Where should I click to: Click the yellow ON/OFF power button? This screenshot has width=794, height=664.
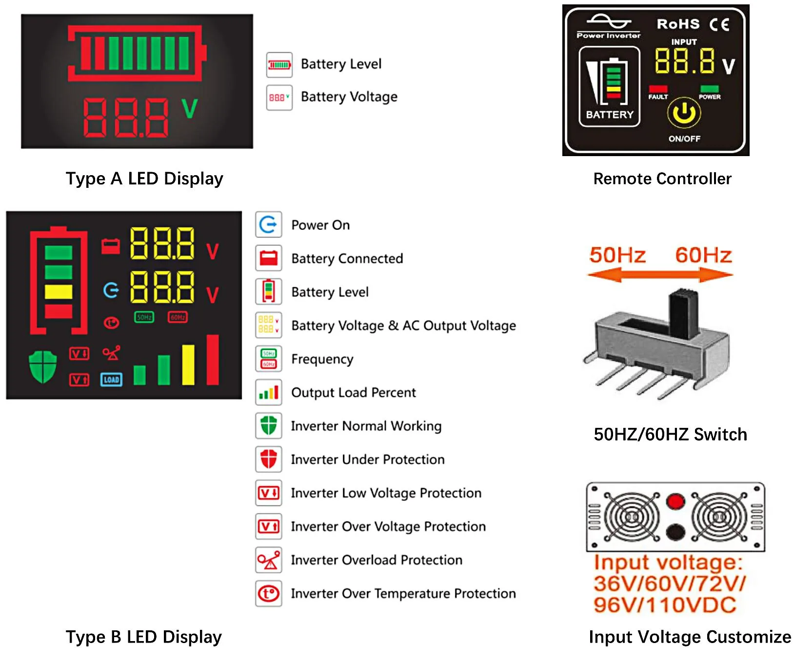pyautogui.click(x=684, y=112)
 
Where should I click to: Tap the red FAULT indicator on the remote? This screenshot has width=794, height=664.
pyautogui.click(x=658, y=89)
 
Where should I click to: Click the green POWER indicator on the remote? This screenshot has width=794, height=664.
pyautogui.click(x=709, y=89)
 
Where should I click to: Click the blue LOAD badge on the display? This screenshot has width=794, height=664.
pyautogui.click(x=111, y=380)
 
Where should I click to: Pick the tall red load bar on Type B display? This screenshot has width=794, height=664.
pyautogui.click(x=213, y=360)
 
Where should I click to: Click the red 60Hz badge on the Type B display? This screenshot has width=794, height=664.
pyautogui.click(x=178, y=317)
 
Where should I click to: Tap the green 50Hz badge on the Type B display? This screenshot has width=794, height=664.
pyautogui.click(x=144, y=317)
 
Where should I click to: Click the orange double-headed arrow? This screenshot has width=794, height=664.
pyautogui.click(x=660, y=275)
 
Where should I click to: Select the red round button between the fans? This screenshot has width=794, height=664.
pyautogui.click(x=676, y=501)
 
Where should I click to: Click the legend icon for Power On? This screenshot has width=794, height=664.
pyautogui.click(x=268, y=224)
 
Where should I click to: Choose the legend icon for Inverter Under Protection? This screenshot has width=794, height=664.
pyautogui.click(x=268, y=459)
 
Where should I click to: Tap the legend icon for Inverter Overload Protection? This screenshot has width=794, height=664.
pyautogui.click(x=268, y=560)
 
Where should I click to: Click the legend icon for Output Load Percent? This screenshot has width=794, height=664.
pyautogui.click(x=268, y=392)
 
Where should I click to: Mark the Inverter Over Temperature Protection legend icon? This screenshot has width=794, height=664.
pyautogui.click(x=268, y=593)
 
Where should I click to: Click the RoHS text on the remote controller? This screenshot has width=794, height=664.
pyautogui.click(x=678, y=24)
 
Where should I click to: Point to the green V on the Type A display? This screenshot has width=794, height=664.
pyautogui.click(x=190, y=108)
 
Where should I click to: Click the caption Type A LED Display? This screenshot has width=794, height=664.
pyautogui.click(x=144, y=179)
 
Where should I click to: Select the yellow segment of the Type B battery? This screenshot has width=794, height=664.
pyautogui.click(x=59, y=292)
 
